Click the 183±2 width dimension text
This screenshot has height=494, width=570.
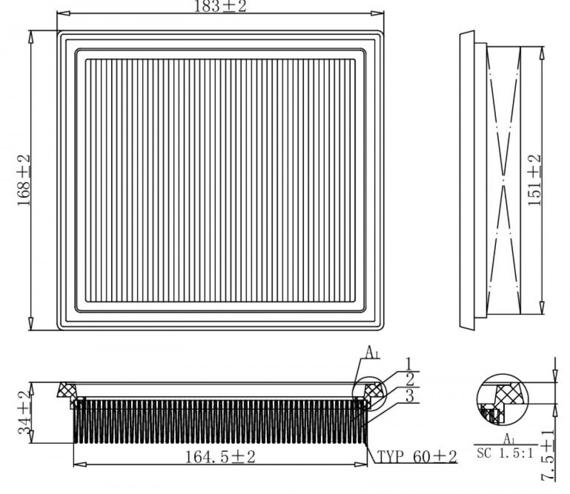[220, 6]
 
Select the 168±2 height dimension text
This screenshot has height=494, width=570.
[23, 180]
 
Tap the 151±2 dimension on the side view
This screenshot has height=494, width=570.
[535, 180]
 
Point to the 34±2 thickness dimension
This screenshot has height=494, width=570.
[24, 413]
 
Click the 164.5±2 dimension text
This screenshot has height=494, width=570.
[220, 456]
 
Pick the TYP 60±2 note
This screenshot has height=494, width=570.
[417, 456]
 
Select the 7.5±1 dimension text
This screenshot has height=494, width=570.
[547, 455]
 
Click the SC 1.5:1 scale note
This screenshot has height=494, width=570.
[505, 453]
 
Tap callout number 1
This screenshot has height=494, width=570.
[409, 364]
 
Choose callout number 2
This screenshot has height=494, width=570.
[410, 380]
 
